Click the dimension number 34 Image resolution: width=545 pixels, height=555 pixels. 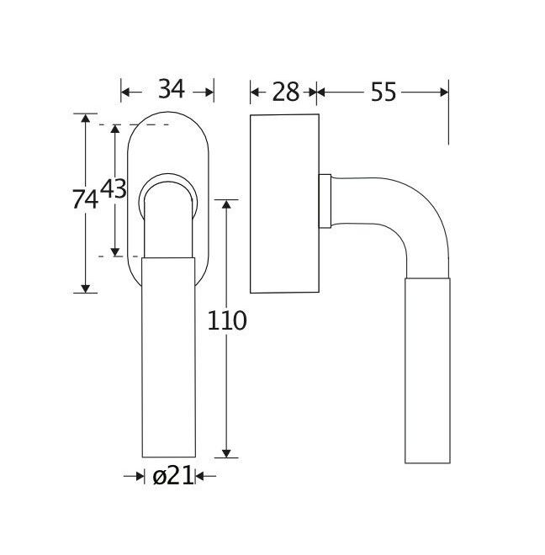171,89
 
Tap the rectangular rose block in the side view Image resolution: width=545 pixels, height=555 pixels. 284,203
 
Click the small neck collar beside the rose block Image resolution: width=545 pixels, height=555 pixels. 325,201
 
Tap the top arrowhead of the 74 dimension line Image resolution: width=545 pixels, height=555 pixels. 85,119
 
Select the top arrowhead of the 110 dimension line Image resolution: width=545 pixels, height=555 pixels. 225,204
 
